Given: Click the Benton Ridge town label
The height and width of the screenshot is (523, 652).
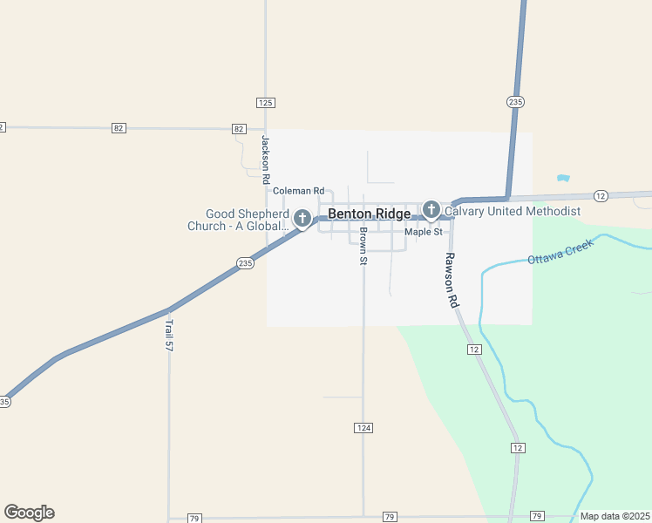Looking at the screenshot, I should pos(369,214).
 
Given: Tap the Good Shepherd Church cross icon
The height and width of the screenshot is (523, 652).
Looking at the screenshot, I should pos(302,218).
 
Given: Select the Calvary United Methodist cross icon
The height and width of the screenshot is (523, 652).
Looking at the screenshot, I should pos(431,209).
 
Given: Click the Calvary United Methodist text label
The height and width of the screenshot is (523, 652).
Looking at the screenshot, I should pos(513,211).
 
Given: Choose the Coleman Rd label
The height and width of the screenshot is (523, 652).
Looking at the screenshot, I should pos(298,191).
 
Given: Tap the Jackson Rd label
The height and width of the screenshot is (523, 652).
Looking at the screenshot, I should pos(265,160).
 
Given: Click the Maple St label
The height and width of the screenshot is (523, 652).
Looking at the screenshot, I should pos(424,232).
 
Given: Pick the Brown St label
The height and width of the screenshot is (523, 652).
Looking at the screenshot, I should pos(363,246).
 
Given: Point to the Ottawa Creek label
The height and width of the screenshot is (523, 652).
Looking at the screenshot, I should pos(560,252).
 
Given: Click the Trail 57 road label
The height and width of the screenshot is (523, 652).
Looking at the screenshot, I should pos(169,335).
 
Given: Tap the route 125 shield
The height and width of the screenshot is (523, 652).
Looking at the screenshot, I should pos(266,103).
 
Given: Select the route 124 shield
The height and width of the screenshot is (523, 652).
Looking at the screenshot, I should pos(363,427).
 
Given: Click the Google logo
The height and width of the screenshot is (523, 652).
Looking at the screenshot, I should pos(29,513).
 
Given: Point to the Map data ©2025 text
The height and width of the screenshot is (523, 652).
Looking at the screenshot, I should pos(615,516).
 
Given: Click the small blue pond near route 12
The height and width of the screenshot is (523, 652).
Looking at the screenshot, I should pos(563,178).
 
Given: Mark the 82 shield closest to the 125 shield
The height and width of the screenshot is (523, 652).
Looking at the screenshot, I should pos(239,128).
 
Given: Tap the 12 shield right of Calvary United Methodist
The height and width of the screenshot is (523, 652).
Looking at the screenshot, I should pos(601,195).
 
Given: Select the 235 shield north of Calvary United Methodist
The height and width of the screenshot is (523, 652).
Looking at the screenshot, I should pos(515,102).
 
